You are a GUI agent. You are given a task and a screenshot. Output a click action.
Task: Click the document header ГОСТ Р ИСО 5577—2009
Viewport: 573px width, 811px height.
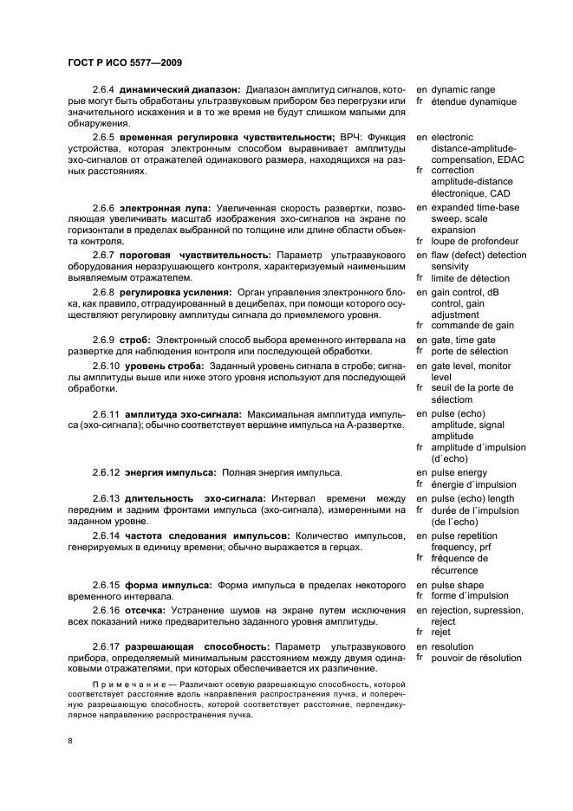click(124, 63)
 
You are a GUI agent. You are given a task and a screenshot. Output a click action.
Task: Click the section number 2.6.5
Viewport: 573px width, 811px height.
click(106, 138)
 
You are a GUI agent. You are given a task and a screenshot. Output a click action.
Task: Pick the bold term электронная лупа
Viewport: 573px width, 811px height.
click(163, 208)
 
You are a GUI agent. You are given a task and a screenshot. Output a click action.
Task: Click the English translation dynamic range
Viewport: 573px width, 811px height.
click(463, 89)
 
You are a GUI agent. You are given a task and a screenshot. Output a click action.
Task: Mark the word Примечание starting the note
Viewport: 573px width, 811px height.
click(125, 684)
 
